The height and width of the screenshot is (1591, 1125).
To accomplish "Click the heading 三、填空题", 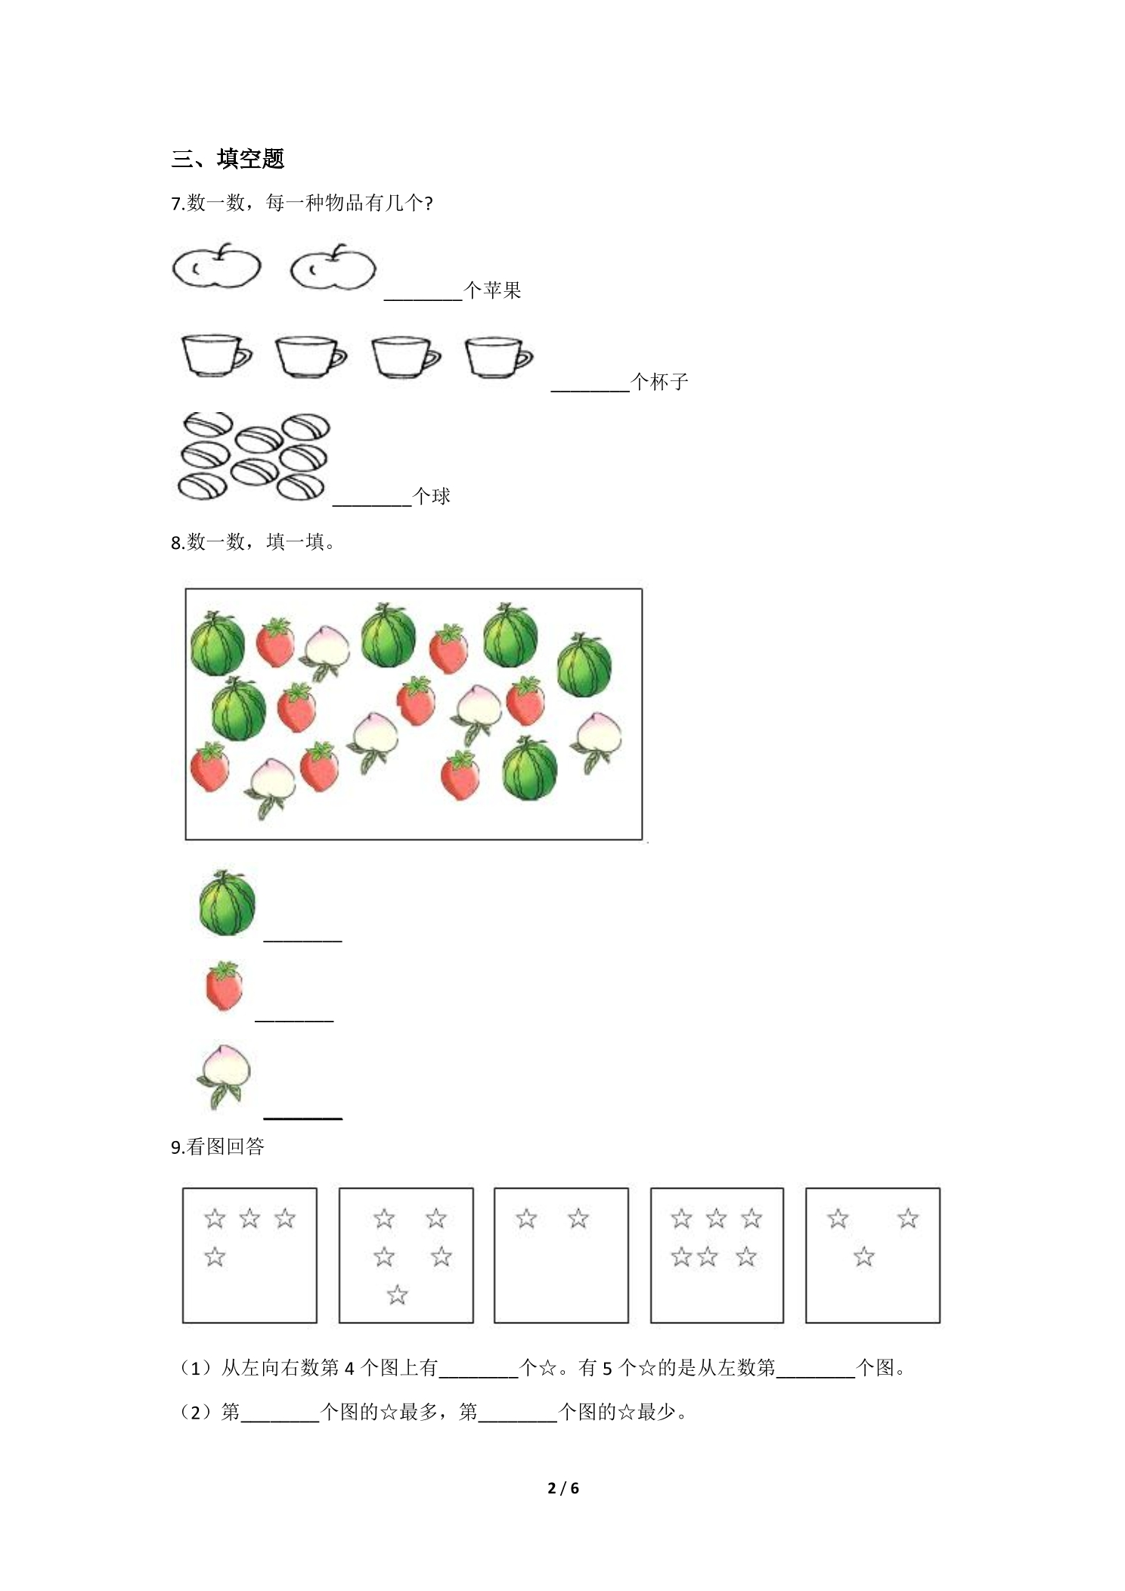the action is (x=228, y=159).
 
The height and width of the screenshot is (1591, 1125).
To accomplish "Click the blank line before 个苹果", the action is (x=423, y=300).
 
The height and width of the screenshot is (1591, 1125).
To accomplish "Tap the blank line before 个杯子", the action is (x=590, y=391).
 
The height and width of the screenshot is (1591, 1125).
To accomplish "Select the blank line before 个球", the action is (x=372, y=504).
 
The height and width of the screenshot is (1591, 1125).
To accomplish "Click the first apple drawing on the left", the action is (x=216, y=265).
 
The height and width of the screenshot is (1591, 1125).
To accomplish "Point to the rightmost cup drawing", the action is (x=498, y=357).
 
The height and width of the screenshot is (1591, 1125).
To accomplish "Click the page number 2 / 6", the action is (x=563, y=1488).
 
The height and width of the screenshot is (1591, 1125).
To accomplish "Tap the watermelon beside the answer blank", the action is (x=228, y=903).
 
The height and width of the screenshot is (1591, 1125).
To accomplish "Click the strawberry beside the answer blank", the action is (x=225, y=986).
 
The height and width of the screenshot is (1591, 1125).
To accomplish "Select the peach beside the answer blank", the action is (x=223, y=1076).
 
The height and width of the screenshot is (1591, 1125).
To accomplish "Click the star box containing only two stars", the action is (x=561, y=1255).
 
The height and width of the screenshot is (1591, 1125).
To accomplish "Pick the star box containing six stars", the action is (x=717, y=1255).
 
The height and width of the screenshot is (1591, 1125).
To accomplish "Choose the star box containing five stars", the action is (x=406, y=1255).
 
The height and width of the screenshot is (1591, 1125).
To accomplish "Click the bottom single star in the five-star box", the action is (x=397, y=1295).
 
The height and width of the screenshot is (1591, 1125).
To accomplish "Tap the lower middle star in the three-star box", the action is (x=863, y=1257).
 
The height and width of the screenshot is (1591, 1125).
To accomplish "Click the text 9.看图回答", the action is (x=218, y=1147).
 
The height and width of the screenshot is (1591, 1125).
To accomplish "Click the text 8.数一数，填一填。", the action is (x=253, y=542).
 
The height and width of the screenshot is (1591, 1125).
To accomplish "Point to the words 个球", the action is (x=432, y=496).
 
